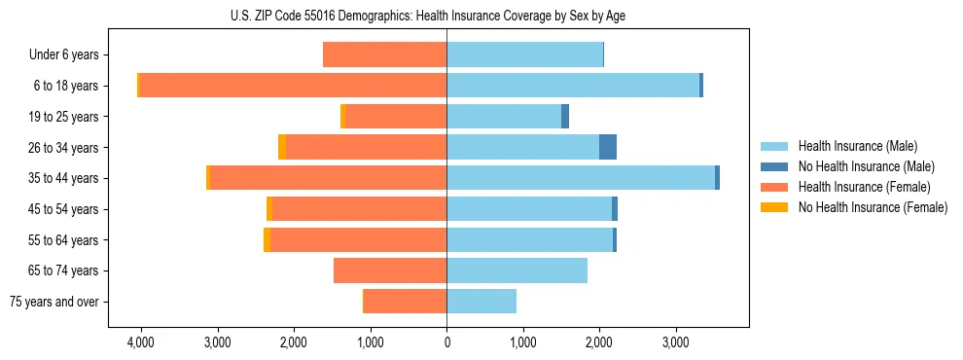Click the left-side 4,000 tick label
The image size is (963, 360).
coord(141,342)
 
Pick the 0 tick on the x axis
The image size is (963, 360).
coord(446,342)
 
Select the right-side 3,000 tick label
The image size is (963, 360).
coord(675,342)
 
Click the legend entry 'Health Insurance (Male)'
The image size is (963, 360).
coord(857,146)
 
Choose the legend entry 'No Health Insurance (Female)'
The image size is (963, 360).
coord(873,207)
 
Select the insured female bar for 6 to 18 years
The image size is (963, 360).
coord(293,86)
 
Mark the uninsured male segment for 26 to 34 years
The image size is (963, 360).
coord(608,147)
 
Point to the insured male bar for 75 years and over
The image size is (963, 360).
coord(481,302)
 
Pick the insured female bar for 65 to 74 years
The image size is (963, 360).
coord(390,270)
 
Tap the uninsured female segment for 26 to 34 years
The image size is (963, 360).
coord(282,147)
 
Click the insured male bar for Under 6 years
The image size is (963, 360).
coord(524,55)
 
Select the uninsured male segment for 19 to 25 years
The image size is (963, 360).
coord(565,117)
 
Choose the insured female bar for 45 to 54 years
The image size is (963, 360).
coord(359,209)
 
